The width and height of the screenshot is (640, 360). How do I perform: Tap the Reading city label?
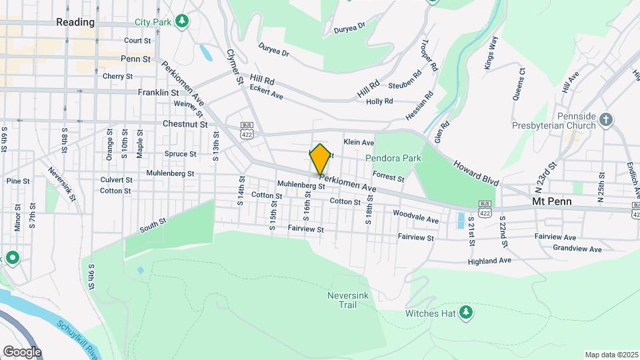75,22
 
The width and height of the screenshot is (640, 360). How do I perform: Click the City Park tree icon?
181,21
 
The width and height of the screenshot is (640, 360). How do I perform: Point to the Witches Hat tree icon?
466,311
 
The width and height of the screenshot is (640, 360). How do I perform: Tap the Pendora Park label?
393,159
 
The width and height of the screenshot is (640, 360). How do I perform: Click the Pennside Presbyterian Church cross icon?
605,120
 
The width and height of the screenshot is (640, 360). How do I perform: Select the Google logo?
22,351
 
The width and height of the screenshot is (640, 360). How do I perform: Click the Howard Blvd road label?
477,173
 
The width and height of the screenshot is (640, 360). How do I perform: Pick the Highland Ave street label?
489,261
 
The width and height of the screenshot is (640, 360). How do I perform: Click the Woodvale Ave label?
415,217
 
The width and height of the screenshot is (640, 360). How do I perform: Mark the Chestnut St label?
185,124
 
